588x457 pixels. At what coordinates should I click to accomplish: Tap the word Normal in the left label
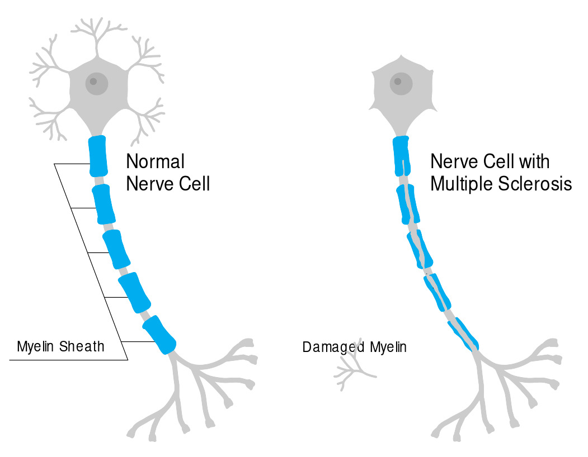pyautogui.click(x=155, y=162)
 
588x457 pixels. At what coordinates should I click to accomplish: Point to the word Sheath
pyautogui.click(x=83, y=346)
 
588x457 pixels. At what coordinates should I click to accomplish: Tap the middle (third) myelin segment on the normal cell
pyautogui.click(x=117, y=249)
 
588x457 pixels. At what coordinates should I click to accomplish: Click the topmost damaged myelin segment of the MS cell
pyautogui.click(x=402, y=155)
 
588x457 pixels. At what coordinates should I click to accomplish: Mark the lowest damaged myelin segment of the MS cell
pyautogui.click(x=466, y=334)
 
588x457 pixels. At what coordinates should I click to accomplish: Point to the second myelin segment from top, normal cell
pyautogui.click(x=104, y=204)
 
